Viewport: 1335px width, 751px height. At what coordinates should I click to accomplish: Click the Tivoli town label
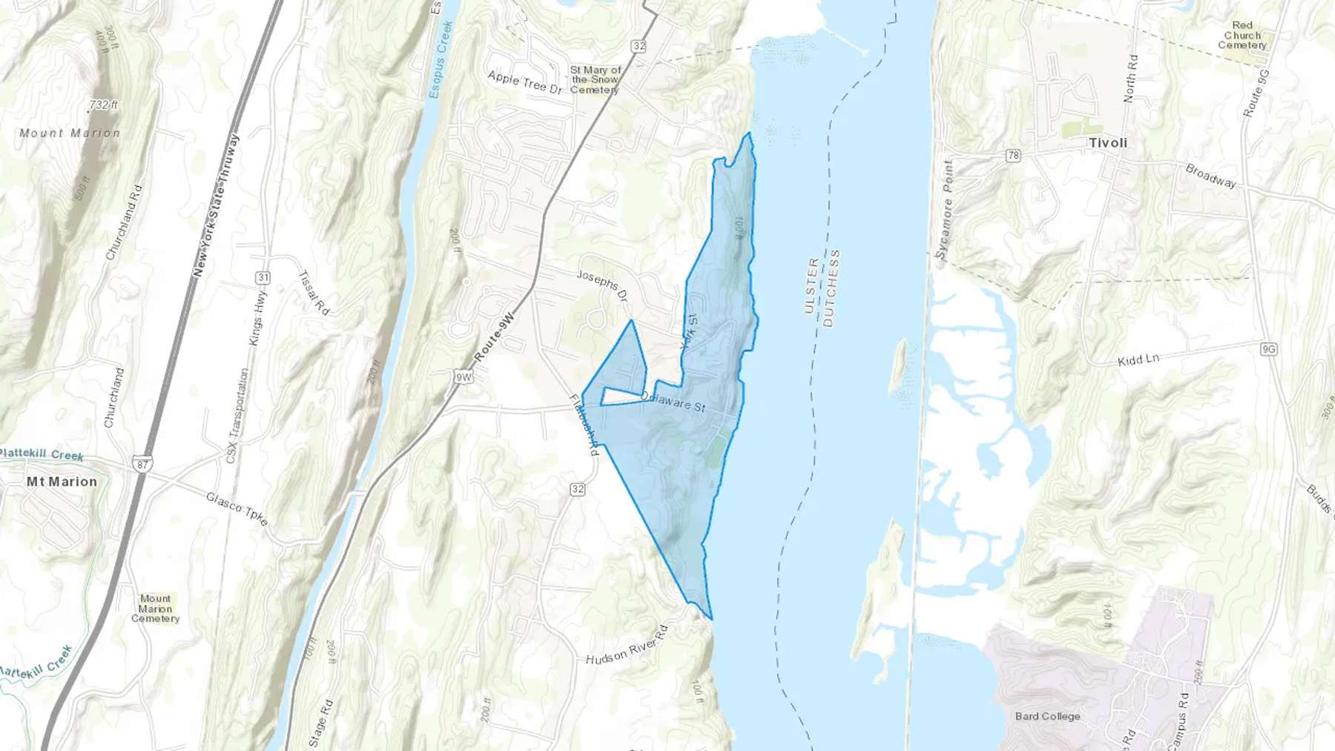pyautogui.click(x=1108, y=143)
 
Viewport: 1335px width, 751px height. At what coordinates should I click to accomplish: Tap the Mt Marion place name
pyautogui.click(x=62, y=482)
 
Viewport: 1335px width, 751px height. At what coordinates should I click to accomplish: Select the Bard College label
pyautogui.click(x=1047, y=716)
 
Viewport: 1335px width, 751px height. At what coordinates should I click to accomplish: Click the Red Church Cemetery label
pyautogui.click(x=1242, y=35)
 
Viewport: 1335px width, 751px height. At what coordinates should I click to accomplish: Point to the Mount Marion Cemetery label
pyautogui.click(x=156, y=609)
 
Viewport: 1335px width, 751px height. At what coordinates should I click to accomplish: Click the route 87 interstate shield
pyautogui.click(x=142, y=465)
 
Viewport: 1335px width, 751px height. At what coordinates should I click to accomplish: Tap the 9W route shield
pyautogui.click(x=464, y=377)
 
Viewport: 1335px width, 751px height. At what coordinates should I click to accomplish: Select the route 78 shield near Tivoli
pyautogui.click(x=1013, y=156)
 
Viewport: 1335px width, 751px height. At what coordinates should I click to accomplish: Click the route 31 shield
pyautogui.click(x=263, y=277)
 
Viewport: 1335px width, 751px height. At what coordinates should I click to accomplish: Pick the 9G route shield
pyautogui.click(x=1268, y=348)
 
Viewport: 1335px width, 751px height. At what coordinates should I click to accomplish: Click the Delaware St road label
pyautogui.click(x=673, y=402)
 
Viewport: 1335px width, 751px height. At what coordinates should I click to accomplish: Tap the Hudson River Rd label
pyautogui.click(x=627, y=645)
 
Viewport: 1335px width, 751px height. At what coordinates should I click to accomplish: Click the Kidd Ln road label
pyautogui.click(x=1138, y=360)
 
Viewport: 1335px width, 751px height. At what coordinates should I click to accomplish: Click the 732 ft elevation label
pyautogui.click(x=104, y=105)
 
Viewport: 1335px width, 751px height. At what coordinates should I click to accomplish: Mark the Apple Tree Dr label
pyautogui.click(x=524, y=82)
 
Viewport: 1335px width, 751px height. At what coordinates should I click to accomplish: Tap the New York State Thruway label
pyautogui.click(x=216, y=205)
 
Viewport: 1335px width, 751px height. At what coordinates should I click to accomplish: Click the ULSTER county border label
pyautogui.click(x=811, y=285)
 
